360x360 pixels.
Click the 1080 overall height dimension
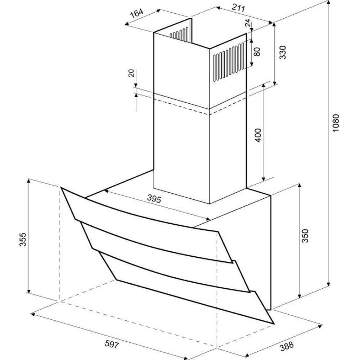pos(336,123)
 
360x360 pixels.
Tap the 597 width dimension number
pos(112,344)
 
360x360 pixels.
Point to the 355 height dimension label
pos(23,239)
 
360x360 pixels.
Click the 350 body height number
pos(305,236)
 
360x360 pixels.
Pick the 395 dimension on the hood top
pos(154,199)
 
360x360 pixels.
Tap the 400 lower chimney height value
pos(258,135)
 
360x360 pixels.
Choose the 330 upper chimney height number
pos(283,52)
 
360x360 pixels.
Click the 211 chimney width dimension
pos(238,8)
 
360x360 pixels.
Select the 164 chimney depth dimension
pos(136,13)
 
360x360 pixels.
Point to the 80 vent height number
pos(257,51)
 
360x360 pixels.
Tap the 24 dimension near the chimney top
pos(248,23)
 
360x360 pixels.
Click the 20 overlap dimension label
pos(131,73)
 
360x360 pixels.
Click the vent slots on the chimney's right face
pos(229,62)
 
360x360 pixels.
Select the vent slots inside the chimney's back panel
pos(179,33)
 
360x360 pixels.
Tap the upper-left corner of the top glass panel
pos(61,187)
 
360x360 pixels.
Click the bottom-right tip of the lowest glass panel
pos(274,324)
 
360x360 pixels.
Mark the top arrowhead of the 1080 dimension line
pos(329,2)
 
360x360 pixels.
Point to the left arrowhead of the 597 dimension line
pos(33,314)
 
